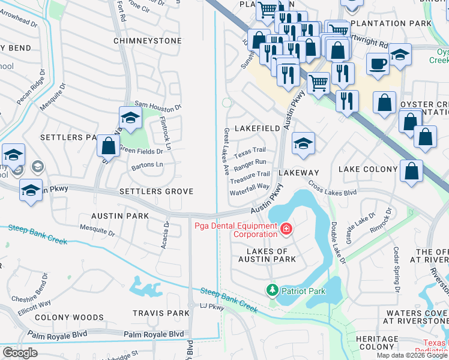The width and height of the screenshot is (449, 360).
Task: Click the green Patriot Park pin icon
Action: pyautogui.click(x=272, y=290)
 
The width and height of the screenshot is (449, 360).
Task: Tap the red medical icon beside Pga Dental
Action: pyautogui.click(x=286, y=229)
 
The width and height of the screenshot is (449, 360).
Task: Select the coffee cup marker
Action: pyautogui.click(x=378, y=63)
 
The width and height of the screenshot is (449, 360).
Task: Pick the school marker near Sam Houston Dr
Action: pyautogui.click(x=130, y=118)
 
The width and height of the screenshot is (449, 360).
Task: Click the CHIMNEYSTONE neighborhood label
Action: pyautogui.click(x=147, y=41)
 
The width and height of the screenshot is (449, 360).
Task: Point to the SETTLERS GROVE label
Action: pyautogui.click(x=156, y=191)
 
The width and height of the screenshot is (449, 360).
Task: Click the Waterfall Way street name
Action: pyautogui.click(x=249, y=187)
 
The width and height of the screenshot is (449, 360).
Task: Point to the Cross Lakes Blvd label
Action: pyautogui.click(x=332, y=189)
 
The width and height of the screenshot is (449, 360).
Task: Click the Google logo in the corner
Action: pyautogui.click(x=19, y=353)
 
